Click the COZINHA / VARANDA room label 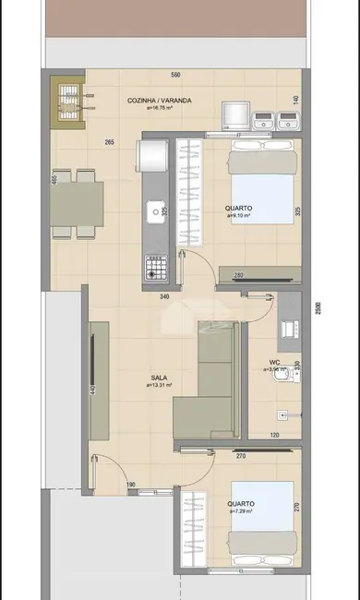159,101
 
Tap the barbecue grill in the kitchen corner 70,102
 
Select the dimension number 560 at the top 174,75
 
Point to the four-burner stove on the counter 154,268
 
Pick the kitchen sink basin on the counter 154,213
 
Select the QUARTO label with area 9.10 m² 238,211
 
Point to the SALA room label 159,378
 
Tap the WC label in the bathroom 275,363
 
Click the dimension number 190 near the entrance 132,484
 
